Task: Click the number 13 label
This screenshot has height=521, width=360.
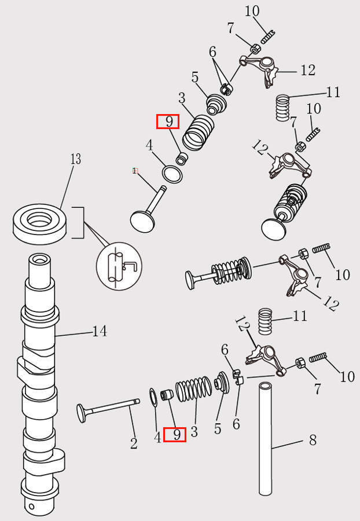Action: tap(76, 159)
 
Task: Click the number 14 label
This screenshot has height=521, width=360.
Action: tap(100, 331)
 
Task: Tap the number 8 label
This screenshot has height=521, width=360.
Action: tap(313, 441)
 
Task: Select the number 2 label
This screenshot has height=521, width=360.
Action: tap(134, 443)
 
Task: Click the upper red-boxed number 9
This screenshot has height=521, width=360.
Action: tap(168, 122)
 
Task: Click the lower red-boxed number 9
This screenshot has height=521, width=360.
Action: tap(175, 434)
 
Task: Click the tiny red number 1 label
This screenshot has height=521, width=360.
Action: tap(134, 171)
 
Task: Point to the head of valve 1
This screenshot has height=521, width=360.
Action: tap(141, 221)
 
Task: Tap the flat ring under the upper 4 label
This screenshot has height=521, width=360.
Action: tap(171, 174)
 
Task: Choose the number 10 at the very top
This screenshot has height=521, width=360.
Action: tap(252, 10)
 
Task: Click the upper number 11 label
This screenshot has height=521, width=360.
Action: tap(333, 92)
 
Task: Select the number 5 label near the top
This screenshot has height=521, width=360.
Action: tap(195, 77)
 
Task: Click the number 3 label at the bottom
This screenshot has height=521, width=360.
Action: tap(194, 431)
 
